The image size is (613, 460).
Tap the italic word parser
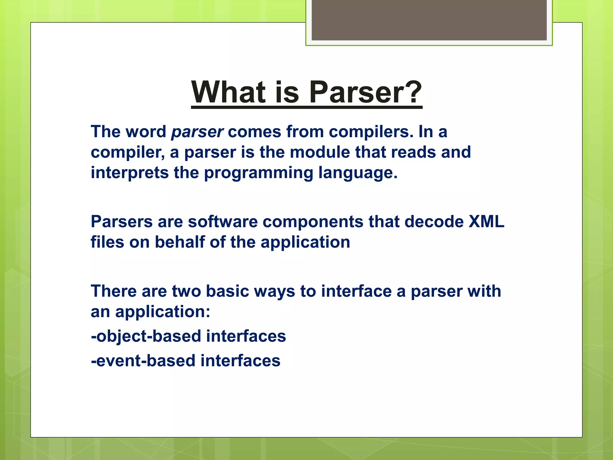pos(197,132)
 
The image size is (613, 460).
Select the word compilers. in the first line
pos(371,132)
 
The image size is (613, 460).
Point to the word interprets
pos(130,173)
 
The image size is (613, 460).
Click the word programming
pos(258,173)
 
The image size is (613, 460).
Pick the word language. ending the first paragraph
pos(358,173)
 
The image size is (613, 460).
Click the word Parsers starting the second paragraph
pos(122,222)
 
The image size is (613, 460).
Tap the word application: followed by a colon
pos(163,312)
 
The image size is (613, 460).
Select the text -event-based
pos(143,361)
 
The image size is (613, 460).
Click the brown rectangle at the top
pos(429,20)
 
